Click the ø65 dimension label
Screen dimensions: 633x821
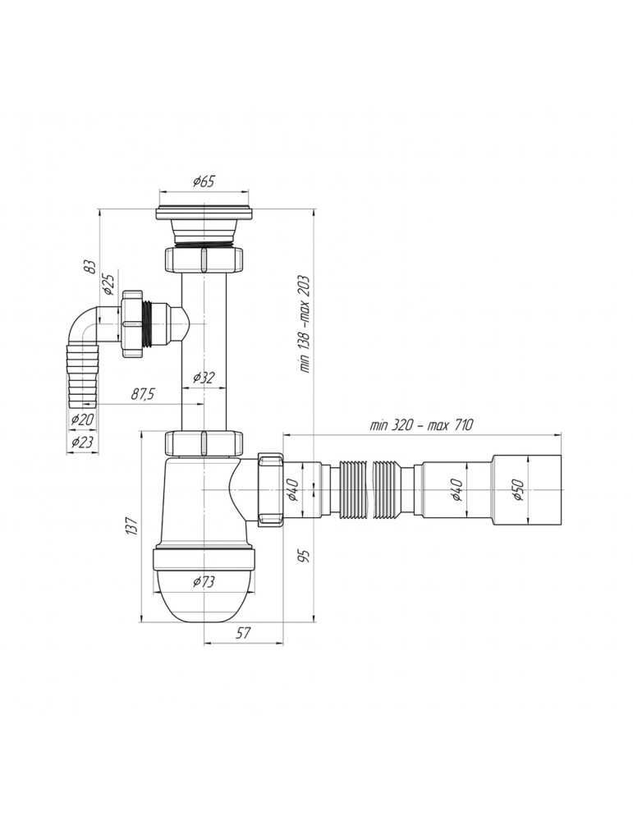204,181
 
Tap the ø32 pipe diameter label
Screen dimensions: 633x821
204,378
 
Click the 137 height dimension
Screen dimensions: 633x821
132,525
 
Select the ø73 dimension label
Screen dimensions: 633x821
204,581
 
